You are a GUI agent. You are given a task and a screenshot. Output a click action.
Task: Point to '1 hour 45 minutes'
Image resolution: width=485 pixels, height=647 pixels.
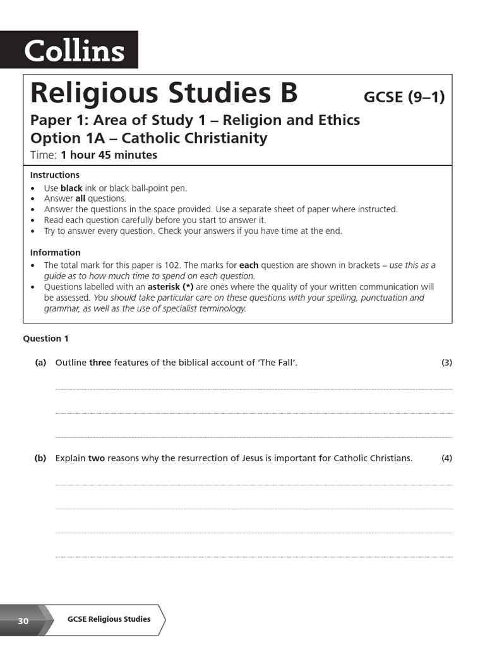(x=109, y=155)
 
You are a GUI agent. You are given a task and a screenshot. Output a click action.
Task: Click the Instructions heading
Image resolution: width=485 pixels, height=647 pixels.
(x=55, y=175)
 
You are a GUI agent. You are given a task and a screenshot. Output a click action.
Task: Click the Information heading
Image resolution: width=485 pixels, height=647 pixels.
(x=56, y=252)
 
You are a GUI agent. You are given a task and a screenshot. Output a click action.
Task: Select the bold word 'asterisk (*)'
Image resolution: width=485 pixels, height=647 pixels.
(x=170, y=287)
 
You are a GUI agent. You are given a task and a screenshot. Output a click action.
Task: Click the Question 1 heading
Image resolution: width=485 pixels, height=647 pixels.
(x=46, y=339)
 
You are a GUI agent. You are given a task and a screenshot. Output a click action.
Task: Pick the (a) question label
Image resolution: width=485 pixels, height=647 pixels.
(x=40, y=363)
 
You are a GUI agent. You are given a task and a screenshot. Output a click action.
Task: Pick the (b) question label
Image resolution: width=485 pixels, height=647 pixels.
(x=40, y=458)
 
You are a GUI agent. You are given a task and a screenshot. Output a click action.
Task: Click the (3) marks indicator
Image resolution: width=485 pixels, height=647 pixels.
(x=446, y=363)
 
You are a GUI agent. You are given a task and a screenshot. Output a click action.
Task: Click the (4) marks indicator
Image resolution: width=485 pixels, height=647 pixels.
(x=446, y=458)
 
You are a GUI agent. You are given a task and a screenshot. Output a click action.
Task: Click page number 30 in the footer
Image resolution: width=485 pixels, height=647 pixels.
(x=23, y=621)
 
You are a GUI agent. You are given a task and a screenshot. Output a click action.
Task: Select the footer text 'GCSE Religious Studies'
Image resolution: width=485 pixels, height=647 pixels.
(x=109, y=619)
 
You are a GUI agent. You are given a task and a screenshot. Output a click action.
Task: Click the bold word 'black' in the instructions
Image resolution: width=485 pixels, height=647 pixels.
(x=71, y=188)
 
